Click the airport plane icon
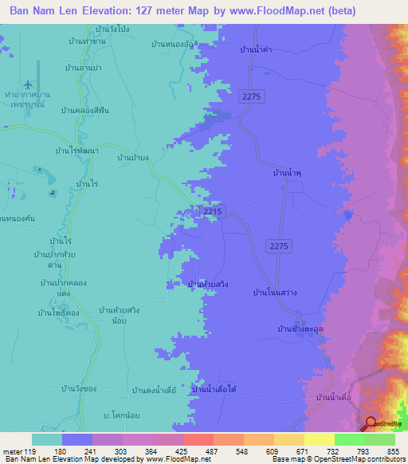coord(29,84)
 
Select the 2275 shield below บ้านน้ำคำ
coord(249,95)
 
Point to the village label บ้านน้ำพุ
coord(285,172)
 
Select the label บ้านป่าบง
coord(132,158)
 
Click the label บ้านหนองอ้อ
coord(172,45)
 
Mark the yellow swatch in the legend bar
coord(320,438)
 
